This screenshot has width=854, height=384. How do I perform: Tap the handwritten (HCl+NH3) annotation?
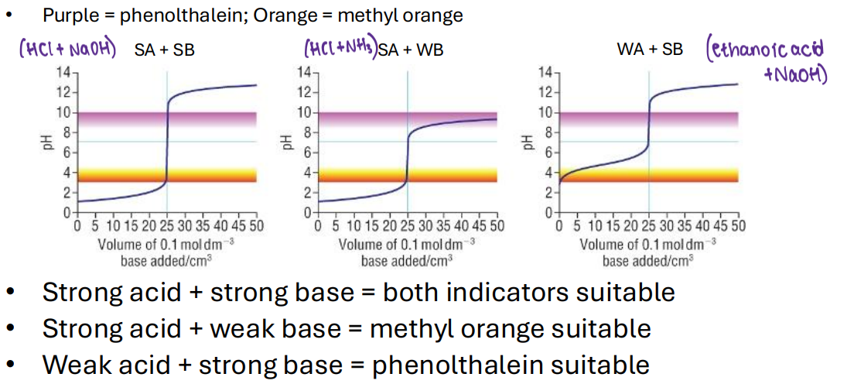[x=340, y=49]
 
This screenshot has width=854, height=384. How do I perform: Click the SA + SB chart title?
[x=164, y=50]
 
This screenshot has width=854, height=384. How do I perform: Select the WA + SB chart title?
[x=649, y=50]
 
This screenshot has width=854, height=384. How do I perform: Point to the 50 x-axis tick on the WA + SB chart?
[x=737, y=226]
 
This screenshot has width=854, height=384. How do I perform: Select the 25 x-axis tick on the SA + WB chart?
[x=407, y=226]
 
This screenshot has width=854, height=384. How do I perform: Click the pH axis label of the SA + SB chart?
[x=48, y=142]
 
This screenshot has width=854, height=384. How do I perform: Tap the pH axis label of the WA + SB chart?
[x=529, y=142]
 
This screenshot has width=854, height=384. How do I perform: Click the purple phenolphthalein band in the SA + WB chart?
[x=408, y=119]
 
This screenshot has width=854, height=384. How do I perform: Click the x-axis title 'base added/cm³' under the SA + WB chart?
[x=407, y=260]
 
